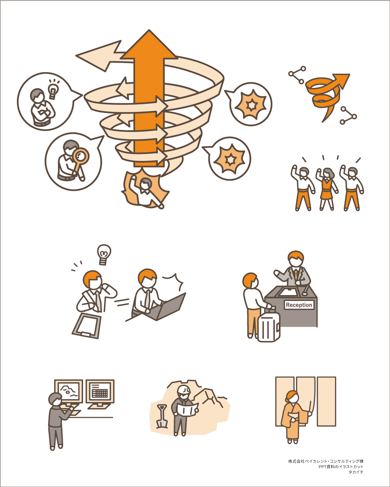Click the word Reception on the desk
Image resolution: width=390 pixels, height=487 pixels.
click(x=299, y=305)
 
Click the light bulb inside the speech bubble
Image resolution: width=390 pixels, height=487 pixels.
click(x=53, y=90)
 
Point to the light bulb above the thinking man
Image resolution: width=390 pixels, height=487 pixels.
click(x=104, y=255)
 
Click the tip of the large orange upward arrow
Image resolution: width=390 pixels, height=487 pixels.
click(x=149, y=30)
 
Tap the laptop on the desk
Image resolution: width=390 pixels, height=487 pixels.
click(x=168, y=307)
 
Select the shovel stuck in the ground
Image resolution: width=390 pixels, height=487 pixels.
click(x=162, y=416)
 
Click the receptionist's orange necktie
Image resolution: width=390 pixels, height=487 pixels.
click(x=296, y=275)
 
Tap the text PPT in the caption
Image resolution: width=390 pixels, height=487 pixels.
click(x=322, y=467)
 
